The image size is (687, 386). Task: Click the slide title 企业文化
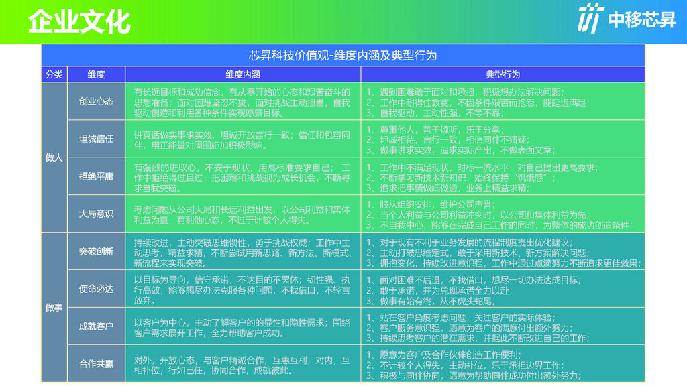tap(79, 21)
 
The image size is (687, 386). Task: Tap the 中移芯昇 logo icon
tap(590, 18)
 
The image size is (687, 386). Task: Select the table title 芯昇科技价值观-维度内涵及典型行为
tap(343, 56)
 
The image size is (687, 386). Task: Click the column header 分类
tap(54, 74)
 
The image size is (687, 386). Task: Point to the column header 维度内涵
tap(243, 74)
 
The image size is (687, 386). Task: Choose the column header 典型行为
tap(503, 74)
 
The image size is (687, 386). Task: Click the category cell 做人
tap(54, 157)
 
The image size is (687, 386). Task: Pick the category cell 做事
tap(54, 308)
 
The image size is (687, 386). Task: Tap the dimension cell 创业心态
tap(96, 102)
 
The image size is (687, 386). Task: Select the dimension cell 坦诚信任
tap(96, 139)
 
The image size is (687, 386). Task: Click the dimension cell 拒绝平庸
tap(96, 176)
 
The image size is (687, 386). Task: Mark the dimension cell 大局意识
tap(96, 214)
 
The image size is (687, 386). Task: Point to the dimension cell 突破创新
tap(96, 252)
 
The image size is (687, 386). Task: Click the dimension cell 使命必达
tap(96, 289)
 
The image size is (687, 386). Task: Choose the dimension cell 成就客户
tap(96, 326)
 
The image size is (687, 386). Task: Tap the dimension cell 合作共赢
tap(96, 364)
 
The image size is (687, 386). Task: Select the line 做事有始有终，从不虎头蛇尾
tap(431, 301)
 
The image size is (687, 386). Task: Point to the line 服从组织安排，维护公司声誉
tap(431, 204)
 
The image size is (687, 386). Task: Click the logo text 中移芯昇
tap(642, 19)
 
